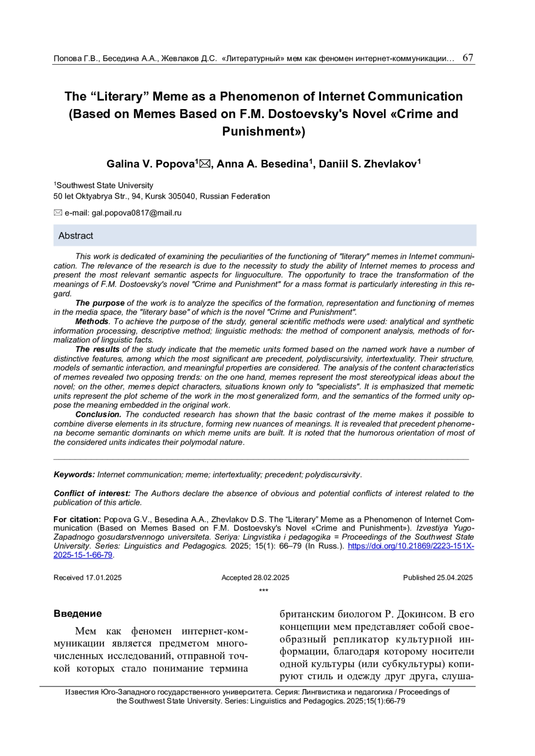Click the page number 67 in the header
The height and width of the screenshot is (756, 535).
468,58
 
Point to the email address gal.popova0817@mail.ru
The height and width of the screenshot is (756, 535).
136,213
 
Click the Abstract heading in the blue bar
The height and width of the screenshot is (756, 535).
76,236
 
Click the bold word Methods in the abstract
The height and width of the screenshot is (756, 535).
91,321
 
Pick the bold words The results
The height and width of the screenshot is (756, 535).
97,350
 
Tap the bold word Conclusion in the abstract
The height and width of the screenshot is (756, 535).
98,415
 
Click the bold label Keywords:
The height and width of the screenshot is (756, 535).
74,475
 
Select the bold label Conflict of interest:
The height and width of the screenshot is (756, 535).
92,493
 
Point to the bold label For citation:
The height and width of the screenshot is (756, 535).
77,520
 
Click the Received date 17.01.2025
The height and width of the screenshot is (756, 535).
103,578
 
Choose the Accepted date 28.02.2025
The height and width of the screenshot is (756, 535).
271,578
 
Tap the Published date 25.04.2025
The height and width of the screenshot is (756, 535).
454,578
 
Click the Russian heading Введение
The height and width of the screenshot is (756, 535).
78,614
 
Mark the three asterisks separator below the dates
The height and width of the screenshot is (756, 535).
263,591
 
